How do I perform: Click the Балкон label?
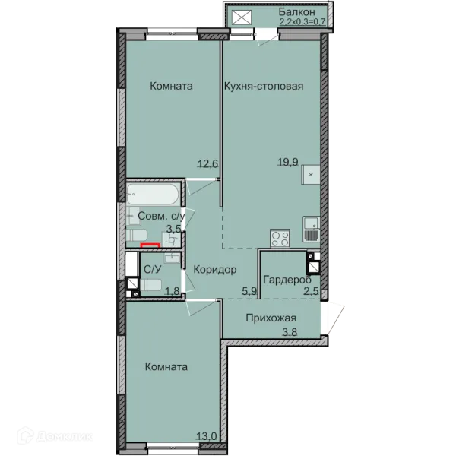296,12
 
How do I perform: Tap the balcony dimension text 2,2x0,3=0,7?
302,21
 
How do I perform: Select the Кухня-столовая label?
264,86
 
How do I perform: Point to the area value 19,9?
288,162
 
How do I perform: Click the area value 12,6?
208,164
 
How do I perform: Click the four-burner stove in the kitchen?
280,238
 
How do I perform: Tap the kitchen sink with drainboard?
312,230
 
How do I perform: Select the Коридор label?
215,270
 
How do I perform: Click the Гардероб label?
287,280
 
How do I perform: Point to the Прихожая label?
271,318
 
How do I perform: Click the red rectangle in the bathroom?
150,245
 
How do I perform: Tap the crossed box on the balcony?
242,17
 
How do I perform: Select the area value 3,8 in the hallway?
290,332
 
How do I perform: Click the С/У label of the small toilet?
153,270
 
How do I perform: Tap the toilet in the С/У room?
150,285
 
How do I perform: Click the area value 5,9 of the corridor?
249,290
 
